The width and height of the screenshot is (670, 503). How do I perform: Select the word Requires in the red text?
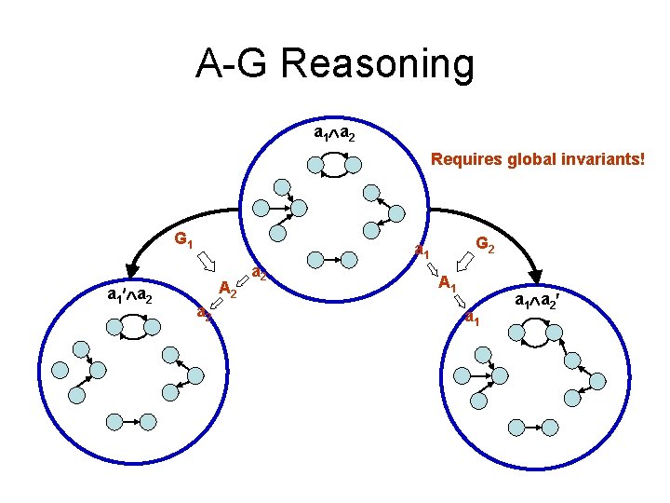coord(466,159)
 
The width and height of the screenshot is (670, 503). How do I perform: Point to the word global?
coord(533,159)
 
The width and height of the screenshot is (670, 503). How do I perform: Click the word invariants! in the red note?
coord(605,159)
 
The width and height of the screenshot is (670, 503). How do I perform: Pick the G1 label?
coord(183,238)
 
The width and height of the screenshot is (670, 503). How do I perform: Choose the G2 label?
coord(485,244)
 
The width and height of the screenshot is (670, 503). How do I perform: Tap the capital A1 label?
coord(448,282)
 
